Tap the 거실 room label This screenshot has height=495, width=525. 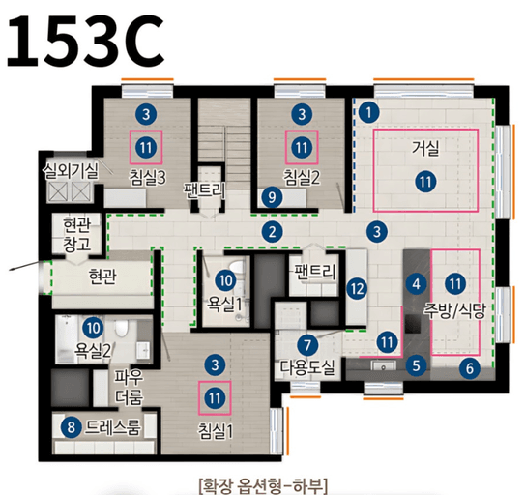[424, 149]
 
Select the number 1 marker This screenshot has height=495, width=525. [369, 111]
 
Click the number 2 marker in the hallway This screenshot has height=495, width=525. [275, 230]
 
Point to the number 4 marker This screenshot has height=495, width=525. [417, 284]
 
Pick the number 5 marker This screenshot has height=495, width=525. [417, 365]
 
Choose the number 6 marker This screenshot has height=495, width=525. [469, 367]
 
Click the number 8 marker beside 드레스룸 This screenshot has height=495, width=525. [70, 426]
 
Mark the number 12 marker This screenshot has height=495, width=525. [357, 287]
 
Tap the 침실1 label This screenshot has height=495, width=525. [216, 428]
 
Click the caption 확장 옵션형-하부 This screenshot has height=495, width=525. [263, 480]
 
